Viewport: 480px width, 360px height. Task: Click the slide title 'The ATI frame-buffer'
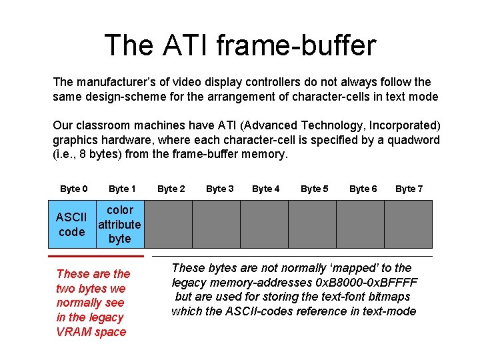point(240,45)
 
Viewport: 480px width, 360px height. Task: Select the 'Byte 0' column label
point(73,189)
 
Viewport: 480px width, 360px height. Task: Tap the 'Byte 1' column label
point(122,189)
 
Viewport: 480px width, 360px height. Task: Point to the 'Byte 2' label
point(171,189)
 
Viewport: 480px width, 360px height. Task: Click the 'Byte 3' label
point(219,189)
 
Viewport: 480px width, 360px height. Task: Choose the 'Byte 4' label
point(266,189)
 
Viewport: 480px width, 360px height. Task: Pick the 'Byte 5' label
point(315,189)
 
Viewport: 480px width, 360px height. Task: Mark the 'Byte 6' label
point(363,189)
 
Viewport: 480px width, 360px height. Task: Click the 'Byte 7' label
point(409,189)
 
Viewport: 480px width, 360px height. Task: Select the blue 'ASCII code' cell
point(72,224)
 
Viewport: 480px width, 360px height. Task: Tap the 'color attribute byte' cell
point(120,224)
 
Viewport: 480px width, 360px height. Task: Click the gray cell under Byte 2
point(168,224)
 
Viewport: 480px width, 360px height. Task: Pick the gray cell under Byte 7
point(407,224)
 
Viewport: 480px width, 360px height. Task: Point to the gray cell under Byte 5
point(312,224)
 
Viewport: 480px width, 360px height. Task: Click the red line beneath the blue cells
point(96,255)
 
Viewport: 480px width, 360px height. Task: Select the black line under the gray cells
point(292,256)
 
